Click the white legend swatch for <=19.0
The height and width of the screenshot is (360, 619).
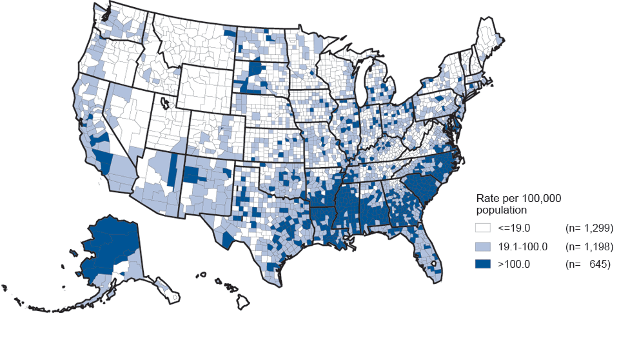pyautogui.click(x=483, y=228)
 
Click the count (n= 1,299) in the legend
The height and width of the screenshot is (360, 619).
pyautogui.click(x=589, y=228)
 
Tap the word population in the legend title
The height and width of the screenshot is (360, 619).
pyautogui.click(x=499, y=210)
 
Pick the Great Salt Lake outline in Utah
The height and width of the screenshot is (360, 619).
pyautogui.click(x=165, y=103)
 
